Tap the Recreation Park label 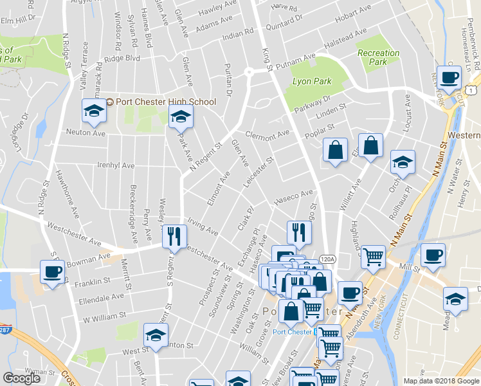378,57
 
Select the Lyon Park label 311,82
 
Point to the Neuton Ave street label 86,132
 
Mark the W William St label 104,318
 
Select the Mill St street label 409,266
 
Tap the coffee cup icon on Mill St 433,254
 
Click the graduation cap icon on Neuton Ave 94,111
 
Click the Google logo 21,378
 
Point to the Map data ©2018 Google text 440,381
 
